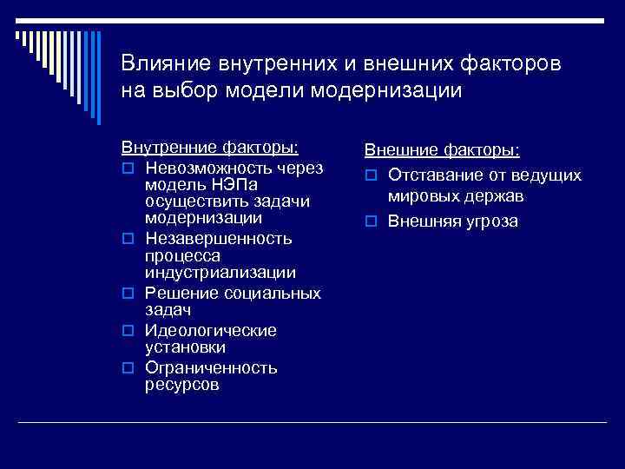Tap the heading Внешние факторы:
(x=442, y=150)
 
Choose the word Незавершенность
(x=219, y=238)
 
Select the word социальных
(x=273, y=294)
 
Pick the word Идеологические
(x=211, y=331)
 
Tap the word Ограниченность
(x=211, y=367)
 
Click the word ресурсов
(x=182, y=385)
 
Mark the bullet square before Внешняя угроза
(x=370, y=221)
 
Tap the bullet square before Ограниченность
(x=127, y=368)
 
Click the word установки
(x=186, y=347)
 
